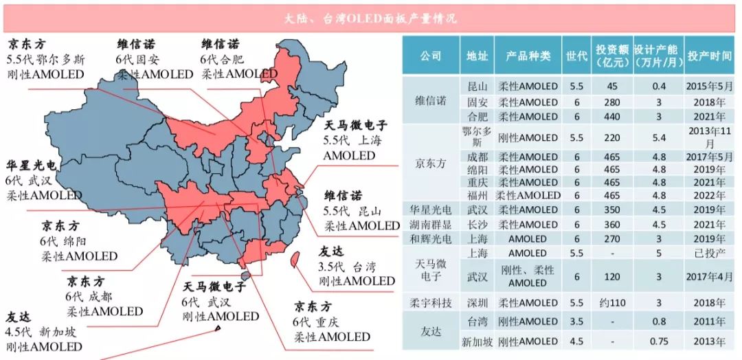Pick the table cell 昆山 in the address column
(x=474, y=87)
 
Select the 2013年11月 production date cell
(x=708, y=137)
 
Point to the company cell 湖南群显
(x=431, y=224)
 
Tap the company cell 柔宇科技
(x=431, y=302)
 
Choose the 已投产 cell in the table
(x=708, y=254)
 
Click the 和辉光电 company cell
(x=431, y=239)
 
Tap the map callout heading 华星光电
(x=33, y=166)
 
